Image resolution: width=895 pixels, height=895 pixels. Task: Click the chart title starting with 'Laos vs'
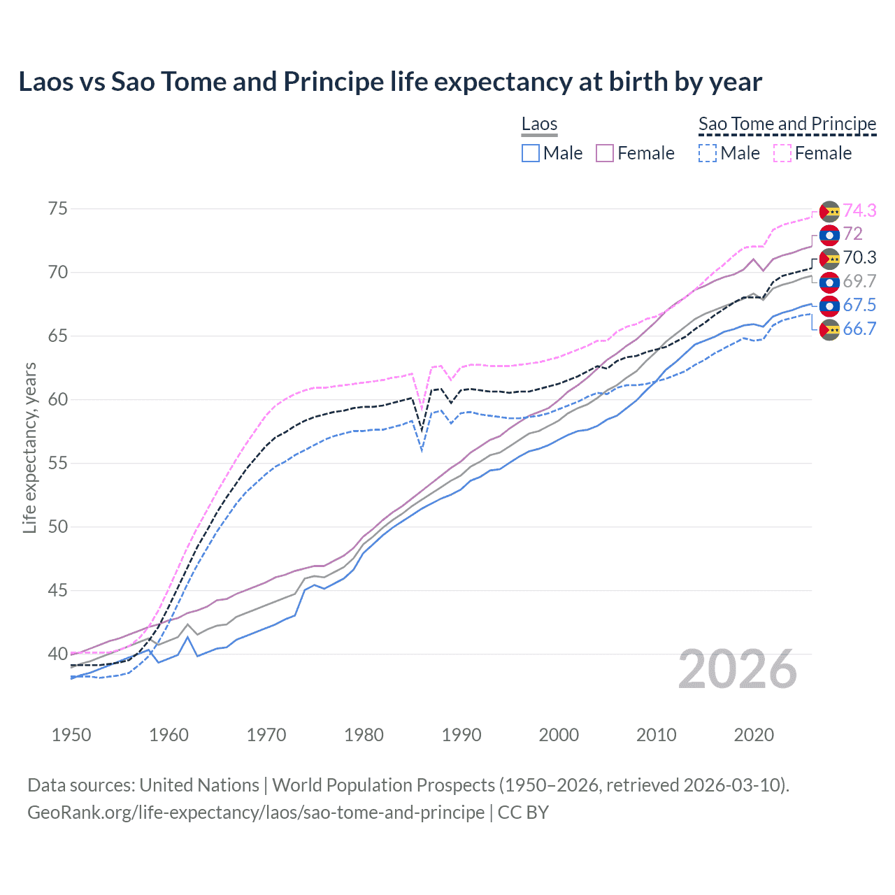389,82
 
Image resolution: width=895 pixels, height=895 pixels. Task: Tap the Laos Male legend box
531,153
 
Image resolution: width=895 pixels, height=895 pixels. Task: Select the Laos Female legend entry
635,153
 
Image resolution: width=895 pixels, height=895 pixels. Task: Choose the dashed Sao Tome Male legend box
708,153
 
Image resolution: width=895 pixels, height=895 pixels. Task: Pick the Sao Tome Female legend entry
812,153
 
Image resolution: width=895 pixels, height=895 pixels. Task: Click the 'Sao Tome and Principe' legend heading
787,124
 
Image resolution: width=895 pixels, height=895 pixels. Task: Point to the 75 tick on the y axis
58,209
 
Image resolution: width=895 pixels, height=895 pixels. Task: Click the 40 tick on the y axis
58,654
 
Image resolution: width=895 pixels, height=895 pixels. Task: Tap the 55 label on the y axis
58,463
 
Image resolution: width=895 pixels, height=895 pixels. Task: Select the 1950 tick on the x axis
71,735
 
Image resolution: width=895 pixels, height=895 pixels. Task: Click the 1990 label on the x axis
461,735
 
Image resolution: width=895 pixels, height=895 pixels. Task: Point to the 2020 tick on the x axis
754,735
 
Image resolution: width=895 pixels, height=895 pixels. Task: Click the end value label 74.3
859,210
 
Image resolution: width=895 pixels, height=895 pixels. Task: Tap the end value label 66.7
859,329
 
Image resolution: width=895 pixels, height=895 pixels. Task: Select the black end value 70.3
859,257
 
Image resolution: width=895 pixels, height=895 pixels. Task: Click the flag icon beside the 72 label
829,235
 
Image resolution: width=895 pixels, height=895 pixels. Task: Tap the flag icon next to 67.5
829,306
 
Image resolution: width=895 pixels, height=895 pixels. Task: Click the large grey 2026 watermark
738,669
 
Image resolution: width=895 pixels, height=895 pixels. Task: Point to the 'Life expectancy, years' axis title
29,447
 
